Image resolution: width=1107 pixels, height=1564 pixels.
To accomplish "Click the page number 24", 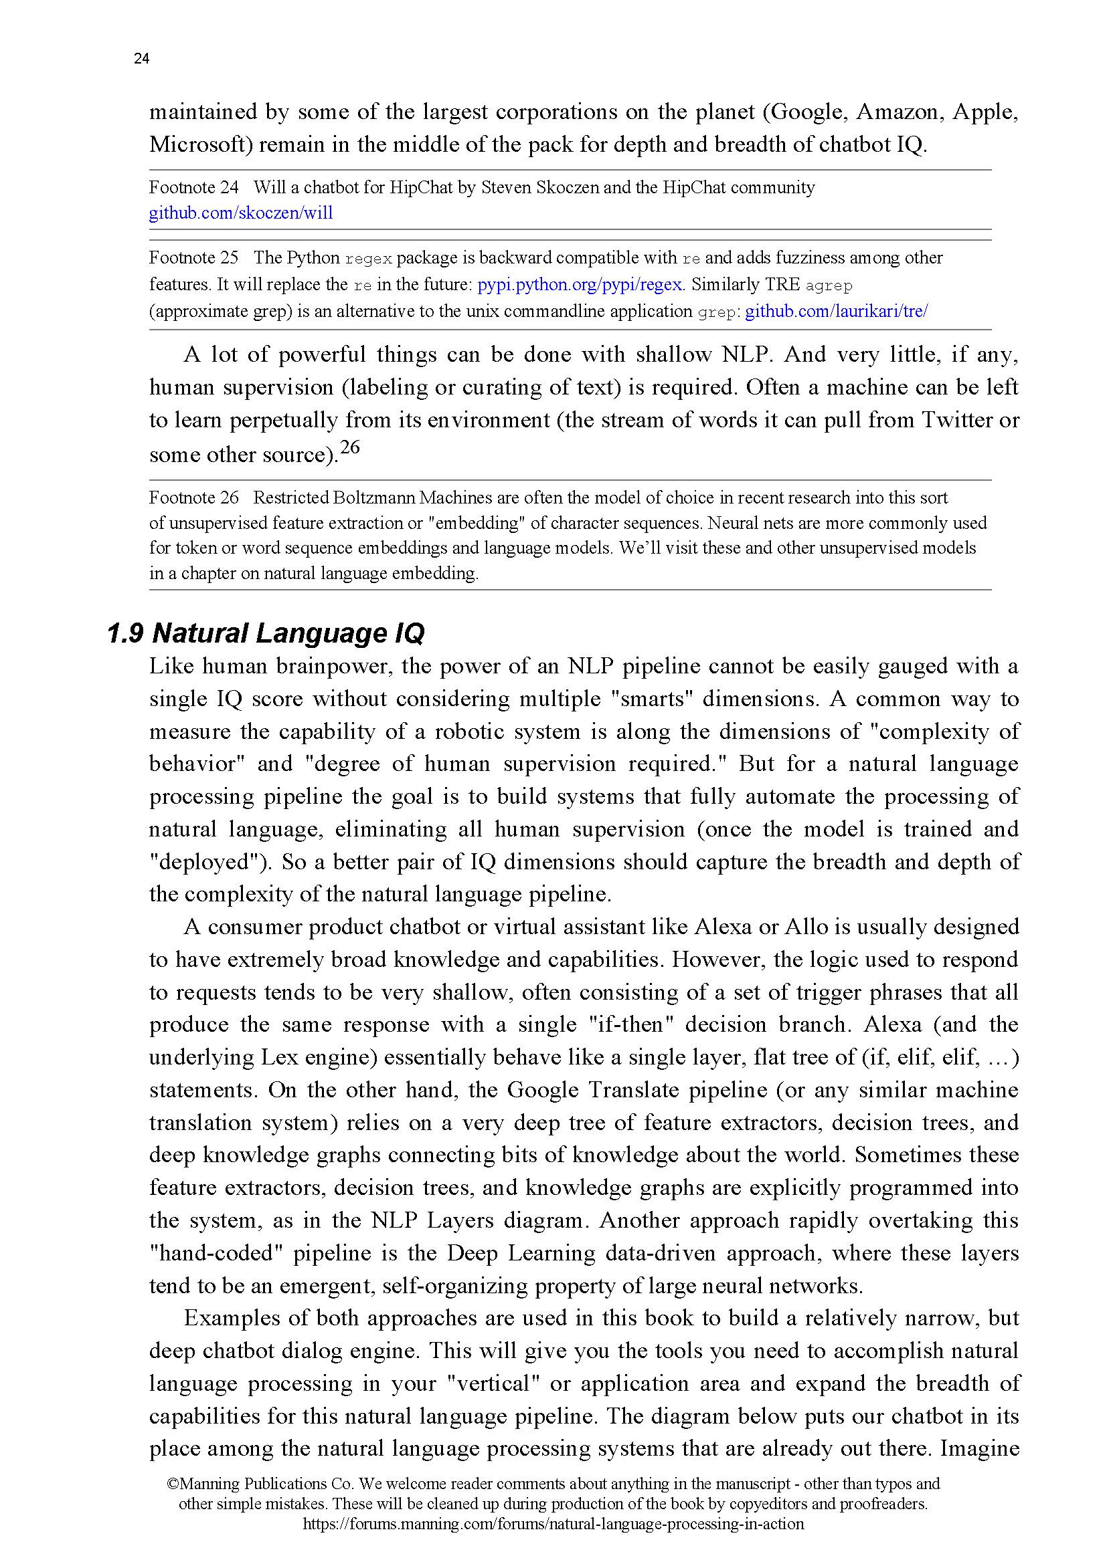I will (141, 60).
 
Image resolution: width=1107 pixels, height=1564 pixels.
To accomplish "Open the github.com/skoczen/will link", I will (241, 213).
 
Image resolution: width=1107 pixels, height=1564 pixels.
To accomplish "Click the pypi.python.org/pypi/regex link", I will (580, 285).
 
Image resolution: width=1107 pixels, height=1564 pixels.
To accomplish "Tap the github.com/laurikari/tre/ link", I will (837, 312).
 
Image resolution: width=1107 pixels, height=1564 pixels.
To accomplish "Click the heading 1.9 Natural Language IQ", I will (266, 633).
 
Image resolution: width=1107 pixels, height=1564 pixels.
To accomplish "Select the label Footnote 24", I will (193, 188).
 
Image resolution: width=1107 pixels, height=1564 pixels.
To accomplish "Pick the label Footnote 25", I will (193, 258).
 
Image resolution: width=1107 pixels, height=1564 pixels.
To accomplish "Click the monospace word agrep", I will (829, 286).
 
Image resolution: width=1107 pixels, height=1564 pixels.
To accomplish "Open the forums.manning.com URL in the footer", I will (553, 1524).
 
